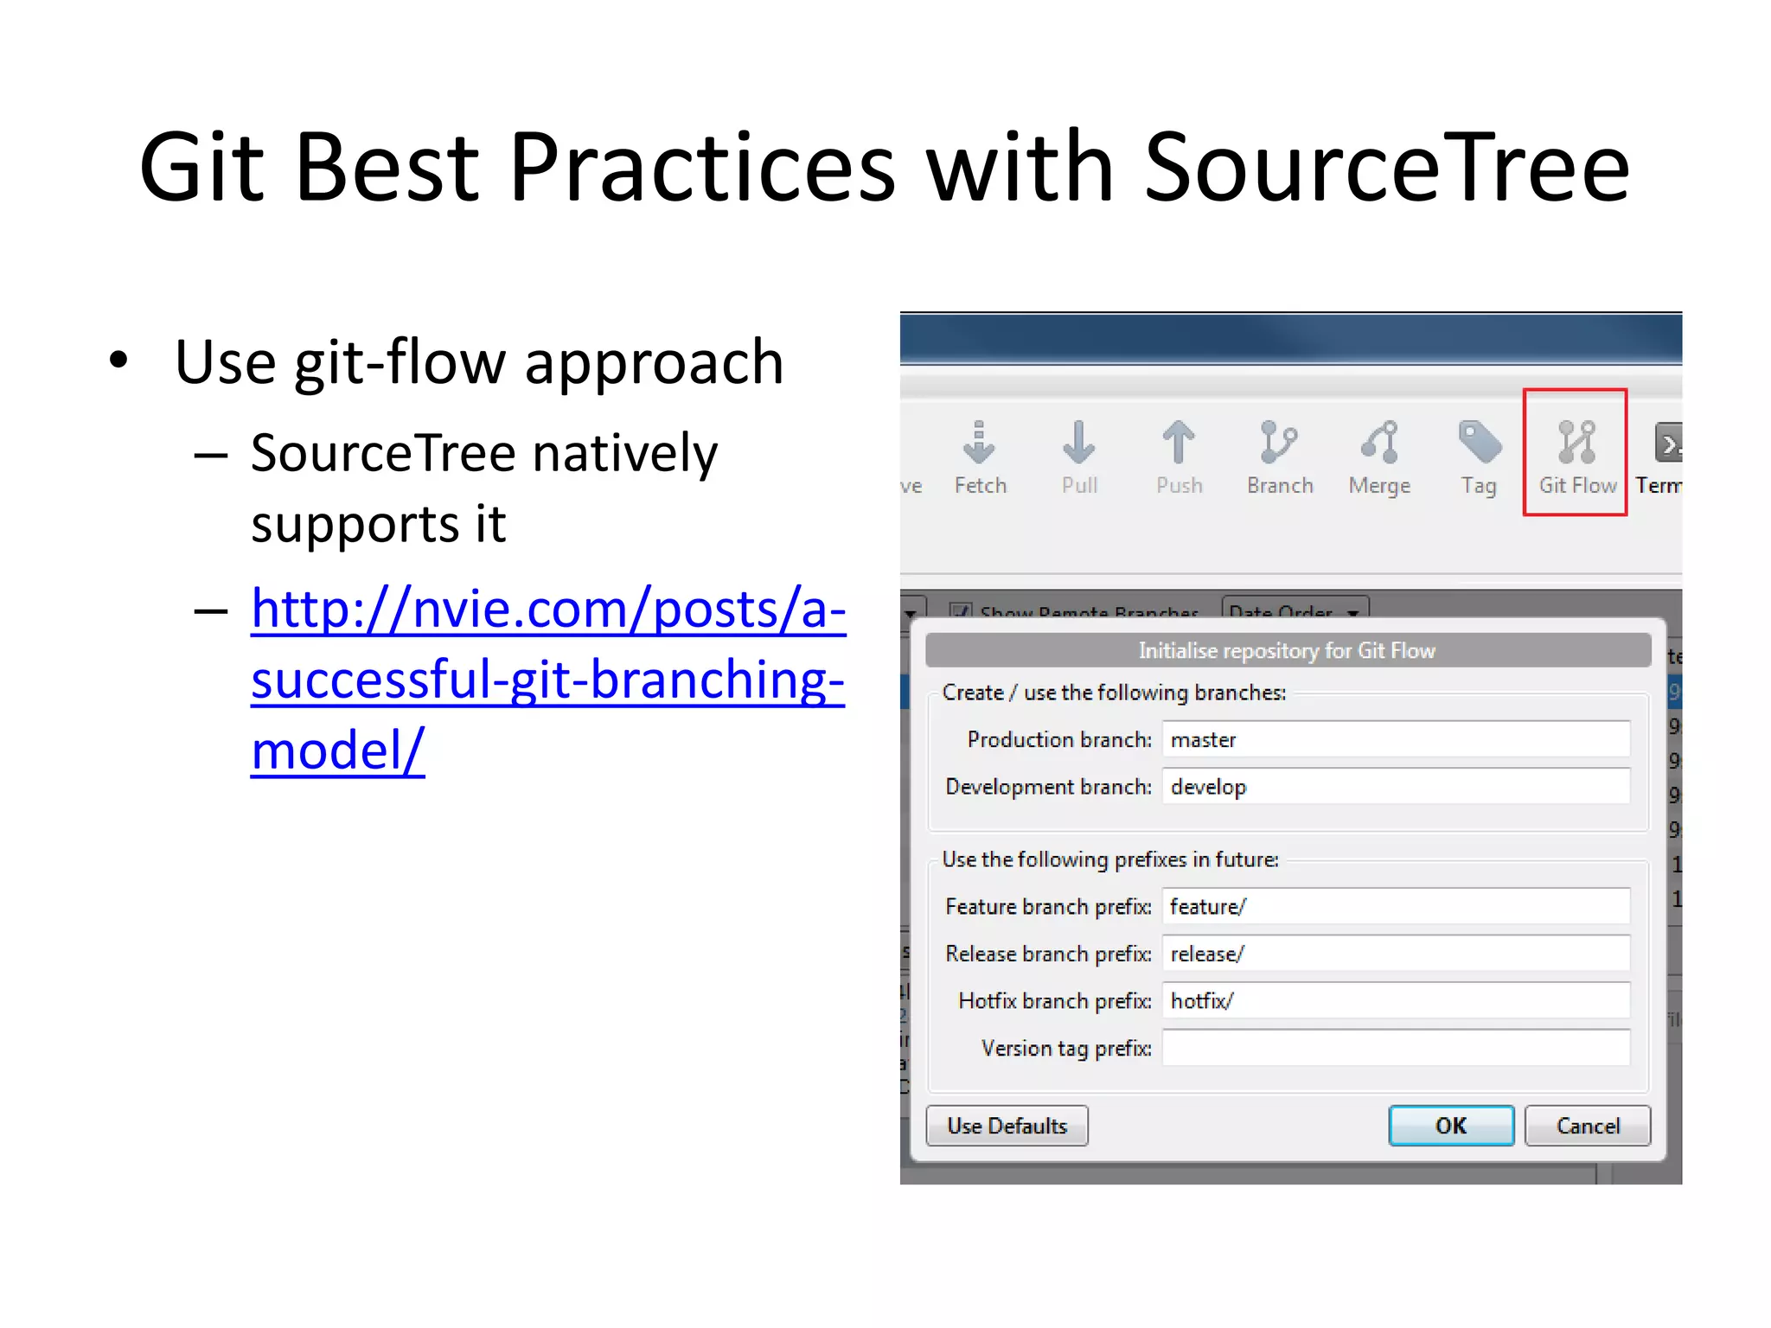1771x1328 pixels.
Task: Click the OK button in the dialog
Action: click(1450, 1125)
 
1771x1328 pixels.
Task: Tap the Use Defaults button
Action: click(1007, 1125)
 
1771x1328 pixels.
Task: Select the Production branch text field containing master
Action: click(1395, 739)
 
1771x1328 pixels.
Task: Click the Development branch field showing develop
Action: click(1395, 787)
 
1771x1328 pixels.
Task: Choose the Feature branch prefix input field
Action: click(1395, 906)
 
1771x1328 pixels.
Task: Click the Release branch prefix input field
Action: click(1395, 954)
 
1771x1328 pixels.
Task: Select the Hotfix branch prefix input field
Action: click(1395, 1000)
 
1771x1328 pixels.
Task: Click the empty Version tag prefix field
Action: click(1395, 1048)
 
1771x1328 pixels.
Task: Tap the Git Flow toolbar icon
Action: click(1576, 443)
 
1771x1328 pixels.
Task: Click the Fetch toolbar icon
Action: click(979, 443)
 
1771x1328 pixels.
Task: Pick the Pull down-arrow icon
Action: click(1078, 443)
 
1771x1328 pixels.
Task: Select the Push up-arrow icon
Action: click(1178, 443)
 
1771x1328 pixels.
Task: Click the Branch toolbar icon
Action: click(1278, 443)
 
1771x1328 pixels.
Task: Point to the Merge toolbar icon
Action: click(1379, 443)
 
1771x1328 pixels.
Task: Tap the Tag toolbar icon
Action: click(1479, 443)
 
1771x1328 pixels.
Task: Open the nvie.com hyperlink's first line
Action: click(547, 609)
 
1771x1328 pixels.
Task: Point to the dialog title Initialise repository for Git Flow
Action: click(1287, 650)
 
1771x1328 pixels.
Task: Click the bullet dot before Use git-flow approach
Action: click(118, 361)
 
